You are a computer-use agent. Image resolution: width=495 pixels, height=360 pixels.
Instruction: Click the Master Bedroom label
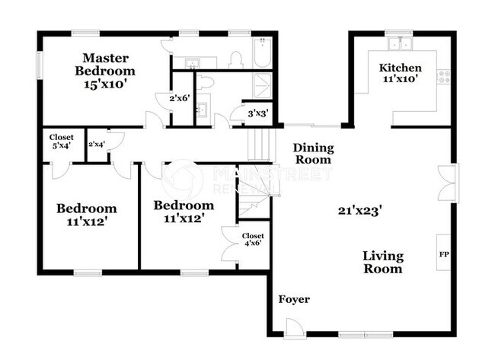coord(105,71)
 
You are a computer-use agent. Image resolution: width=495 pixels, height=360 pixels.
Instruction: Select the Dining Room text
coord(312,154)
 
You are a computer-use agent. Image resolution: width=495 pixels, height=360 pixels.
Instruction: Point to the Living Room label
coord(382,262)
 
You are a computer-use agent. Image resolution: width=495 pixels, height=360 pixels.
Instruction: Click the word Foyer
coord(294,299)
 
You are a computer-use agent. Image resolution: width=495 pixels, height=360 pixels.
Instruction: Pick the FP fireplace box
coord(443,253)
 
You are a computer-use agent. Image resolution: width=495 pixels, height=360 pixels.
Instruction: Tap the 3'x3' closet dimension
coord(257,114)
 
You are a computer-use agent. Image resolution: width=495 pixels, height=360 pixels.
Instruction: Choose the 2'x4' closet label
coord(96,144)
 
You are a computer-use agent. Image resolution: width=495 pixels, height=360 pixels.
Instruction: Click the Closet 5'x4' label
coord(62,142)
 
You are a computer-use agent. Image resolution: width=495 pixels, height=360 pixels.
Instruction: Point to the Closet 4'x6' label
coord(253,241)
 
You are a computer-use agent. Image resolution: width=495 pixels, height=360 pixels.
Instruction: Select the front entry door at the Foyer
coord(291,328)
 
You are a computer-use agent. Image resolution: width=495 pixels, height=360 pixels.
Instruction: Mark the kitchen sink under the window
coord(398,42)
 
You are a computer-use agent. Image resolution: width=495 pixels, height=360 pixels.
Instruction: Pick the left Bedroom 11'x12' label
coord(87,215)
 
